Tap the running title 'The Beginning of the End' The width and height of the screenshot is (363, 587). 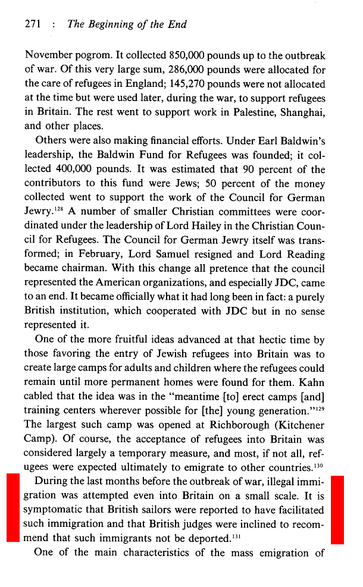[127, 24]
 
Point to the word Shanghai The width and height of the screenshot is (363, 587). [299, 112]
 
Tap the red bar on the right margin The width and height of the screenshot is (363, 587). [337, 508]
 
